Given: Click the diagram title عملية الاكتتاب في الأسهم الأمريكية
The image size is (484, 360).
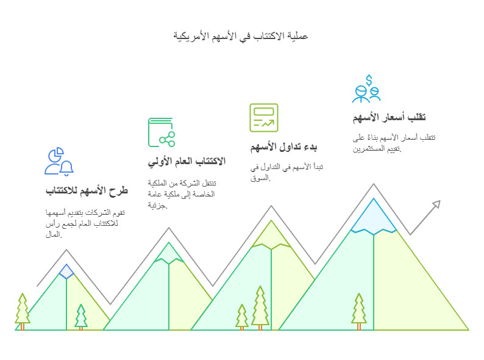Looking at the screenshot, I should [241, 36].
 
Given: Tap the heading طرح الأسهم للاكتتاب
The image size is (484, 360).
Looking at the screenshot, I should [87, 191].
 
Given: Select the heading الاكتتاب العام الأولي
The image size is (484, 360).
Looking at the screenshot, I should [187, 161].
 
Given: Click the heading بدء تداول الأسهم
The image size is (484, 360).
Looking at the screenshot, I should [283, 147].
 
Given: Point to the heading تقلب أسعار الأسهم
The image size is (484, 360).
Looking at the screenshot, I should [389, 117].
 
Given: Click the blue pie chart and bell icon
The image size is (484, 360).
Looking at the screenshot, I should [59, 161].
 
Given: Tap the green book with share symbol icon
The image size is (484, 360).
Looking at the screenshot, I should [162, 132].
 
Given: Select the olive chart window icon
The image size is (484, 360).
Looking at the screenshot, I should [263, 118].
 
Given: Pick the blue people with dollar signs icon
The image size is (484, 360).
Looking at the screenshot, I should [366, 88].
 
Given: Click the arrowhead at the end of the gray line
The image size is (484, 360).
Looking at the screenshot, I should [435, 205].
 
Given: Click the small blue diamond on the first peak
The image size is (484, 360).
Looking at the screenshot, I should [66, 271].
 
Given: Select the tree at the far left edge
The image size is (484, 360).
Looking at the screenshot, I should [23, 310].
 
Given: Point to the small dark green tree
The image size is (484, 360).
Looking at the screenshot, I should [81, 317].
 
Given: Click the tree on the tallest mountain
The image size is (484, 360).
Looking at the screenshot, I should [359, 310].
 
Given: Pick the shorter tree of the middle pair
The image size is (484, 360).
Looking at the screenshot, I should [242, 316].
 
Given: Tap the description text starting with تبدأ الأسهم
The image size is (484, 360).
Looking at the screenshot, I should [284, 172].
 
